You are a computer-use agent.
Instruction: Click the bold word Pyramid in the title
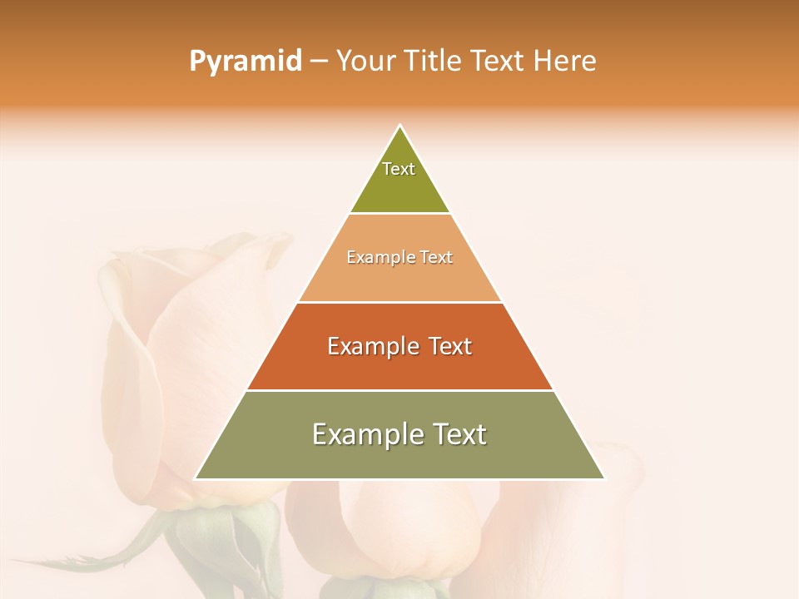click(245, 62)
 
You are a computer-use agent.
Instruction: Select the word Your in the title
click(366, 62)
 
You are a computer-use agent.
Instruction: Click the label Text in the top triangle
click(399, 169)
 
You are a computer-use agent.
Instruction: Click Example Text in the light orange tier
click(399, 258)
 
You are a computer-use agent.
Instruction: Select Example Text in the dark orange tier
click(399, 346)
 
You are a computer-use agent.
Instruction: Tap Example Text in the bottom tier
click(399, 434)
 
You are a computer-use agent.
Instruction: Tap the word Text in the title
click(498, 62)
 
